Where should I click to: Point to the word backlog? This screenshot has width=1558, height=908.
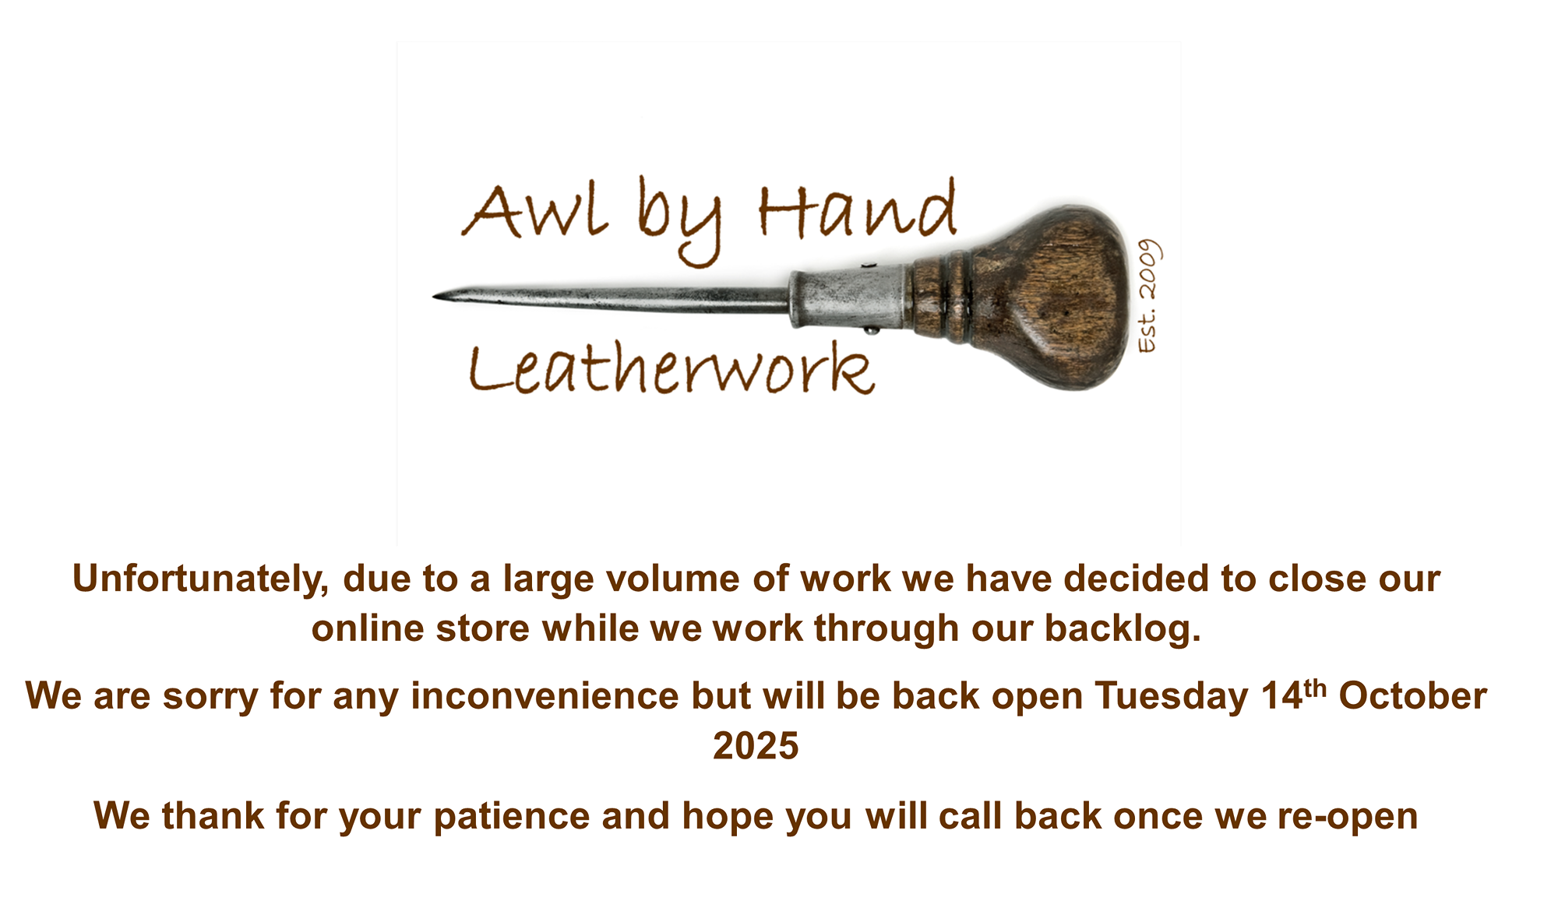click(x=1123, y=629)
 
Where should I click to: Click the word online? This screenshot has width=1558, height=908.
click(x=368, y=628)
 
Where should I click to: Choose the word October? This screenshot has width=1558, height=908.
click(x=1412, y=695)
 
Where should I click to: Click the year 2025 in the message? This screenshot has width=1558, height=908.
click(x=756, y=746)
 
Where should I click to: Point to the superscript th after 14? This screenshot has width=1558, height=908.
click(x=1315, y=688)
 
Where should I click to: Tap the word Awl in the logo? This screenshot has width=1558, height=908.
click(x=534, y=210)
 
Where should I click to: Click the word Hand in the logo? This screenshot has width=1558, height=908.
click(x=857, y=207)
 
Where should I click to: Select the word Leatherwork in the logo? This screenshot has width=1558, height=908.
click(x=671, y=367)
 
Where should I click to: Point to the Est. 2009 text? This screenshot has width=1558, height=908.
click(x=1149, y=296)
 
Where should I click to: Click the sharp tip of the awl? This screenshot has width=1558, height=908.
click(x=434, y=297)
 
